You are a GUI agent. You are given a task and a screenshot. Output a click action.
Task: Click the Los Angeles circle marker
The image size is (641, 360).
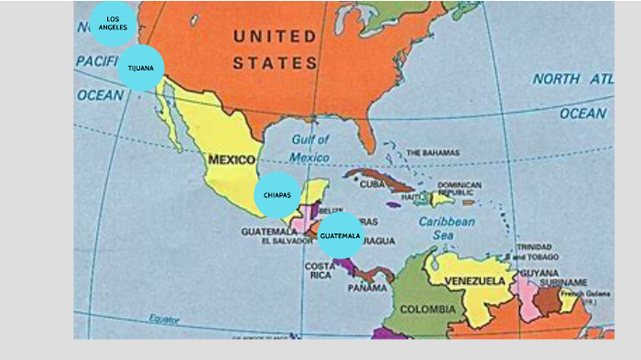point(113,23)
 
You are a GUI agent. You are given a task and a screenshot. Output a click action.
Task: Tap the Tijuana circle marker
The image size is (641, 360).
point(141,68)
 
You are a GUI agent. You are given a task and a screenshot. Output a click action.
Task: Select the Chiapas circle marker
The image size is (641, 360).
point(277,195)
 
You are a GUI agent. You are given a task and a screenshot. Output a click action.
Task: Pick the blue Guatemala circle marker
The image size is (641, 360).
point(340,235)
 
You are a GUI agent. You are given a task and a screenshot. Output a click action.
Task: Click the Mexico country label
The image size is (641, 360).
point(232,159)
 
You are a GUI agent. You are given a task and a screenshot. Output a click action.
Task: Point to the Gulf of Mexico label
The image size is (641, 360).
point(310,148)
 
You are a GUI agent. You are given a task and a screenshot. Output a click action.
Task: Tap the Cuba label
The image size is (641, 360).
point(372,184)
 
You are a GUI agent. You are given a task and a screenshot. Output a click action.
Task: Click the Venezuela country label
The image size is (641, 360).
point(475,280)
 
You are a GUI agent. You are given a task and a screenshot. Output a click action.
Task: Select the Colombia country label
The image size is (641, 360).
point(428,310)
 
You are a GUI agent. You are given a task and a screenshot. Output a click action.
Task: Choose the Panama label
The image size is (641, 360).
point(367,288)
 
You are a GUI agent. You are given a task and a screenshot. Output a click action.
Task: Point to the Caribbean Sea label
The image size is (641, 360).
point(447,228)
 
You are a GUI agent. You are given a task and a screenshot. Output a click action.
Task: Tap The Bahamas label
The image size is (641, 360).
point(432,152)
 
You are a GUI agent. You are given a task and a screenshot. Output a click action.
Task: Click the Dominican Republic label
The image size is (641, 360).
point(459,189)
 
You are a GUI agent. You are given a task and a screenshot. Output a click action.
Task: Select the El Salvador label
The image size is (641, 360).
point(287,242)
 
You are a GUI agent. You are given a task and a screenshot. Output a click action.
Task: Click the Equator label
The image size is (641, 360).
point(165,319)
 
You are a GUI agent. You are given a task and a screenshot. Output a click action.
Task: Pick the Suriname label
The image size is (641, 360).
point(562,282)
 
